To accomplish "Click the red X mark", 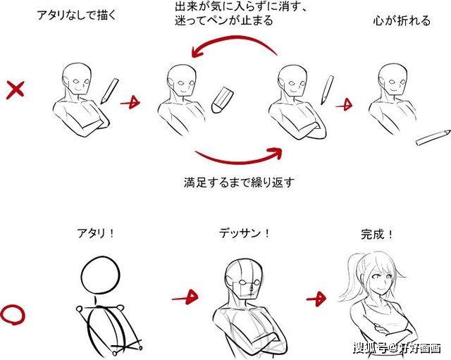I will tap(16, 90).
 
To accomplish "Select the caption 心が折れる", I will tap(401, 20).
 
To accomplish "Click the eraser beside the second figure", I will tap(221, 100).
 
